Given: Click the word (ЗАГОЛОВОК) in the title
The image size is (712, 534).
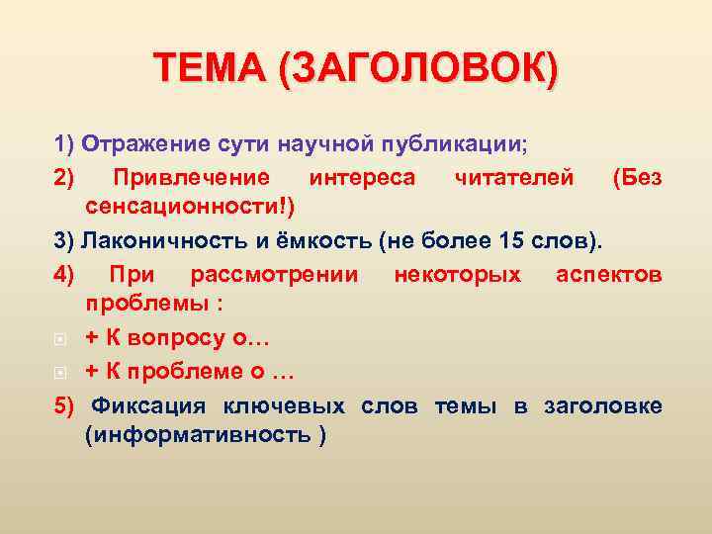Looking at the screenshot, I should coord(417,72).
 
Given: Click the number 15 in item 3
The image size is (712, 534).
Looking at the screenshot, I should coord(539,241).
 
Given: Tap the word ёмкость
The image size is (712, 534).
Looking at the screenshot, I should coord(296,241).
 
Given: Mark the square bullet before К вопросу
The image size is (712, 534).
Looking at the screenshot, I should coord(59,338).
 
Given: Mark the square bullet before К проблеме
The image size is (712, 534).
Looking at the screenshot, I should coord(59,371).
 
